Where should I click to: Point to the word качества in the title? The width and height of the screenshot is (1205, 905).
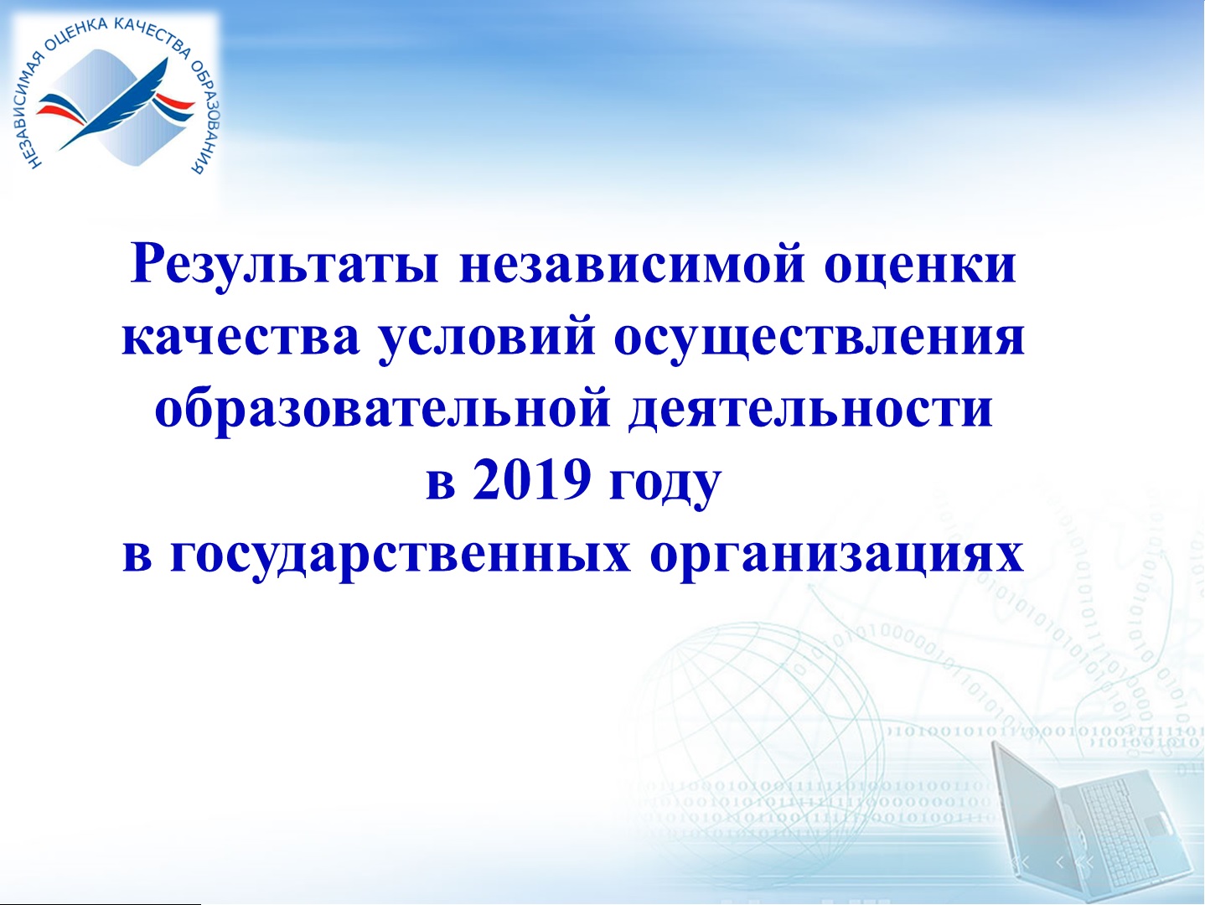240,337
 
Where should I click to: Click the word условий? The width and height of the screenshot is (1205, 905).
487,336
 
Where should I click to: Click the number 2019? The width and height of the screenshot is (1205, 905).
532,479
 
